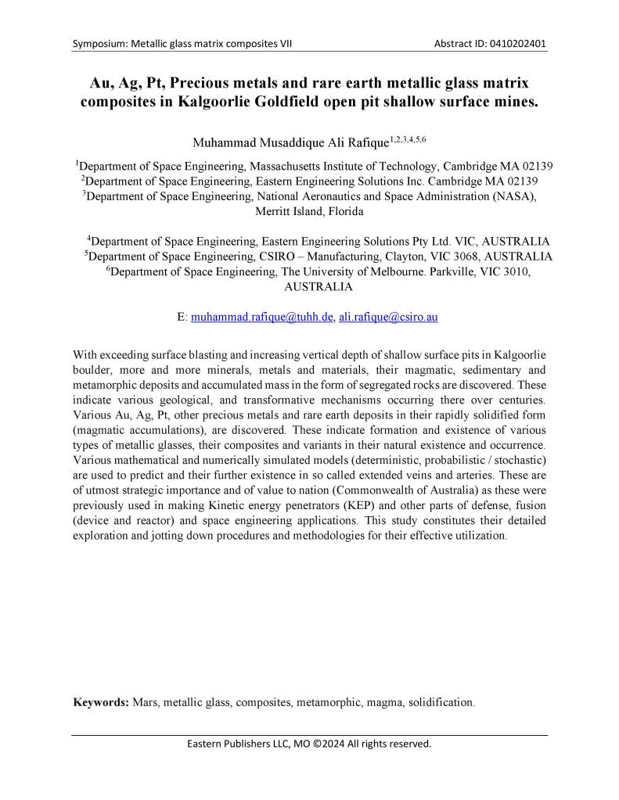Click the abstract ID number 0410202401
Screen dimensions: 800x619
tap(516, 44)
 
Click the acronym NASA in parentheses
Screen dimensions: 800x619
tap(511, 196)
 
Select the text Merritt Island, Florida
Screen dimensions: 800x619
tap(309, 211)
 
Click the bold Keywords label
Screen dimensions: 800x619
tap(101, 701)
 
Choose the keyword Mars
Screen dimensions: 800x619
tap(146, 701)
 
